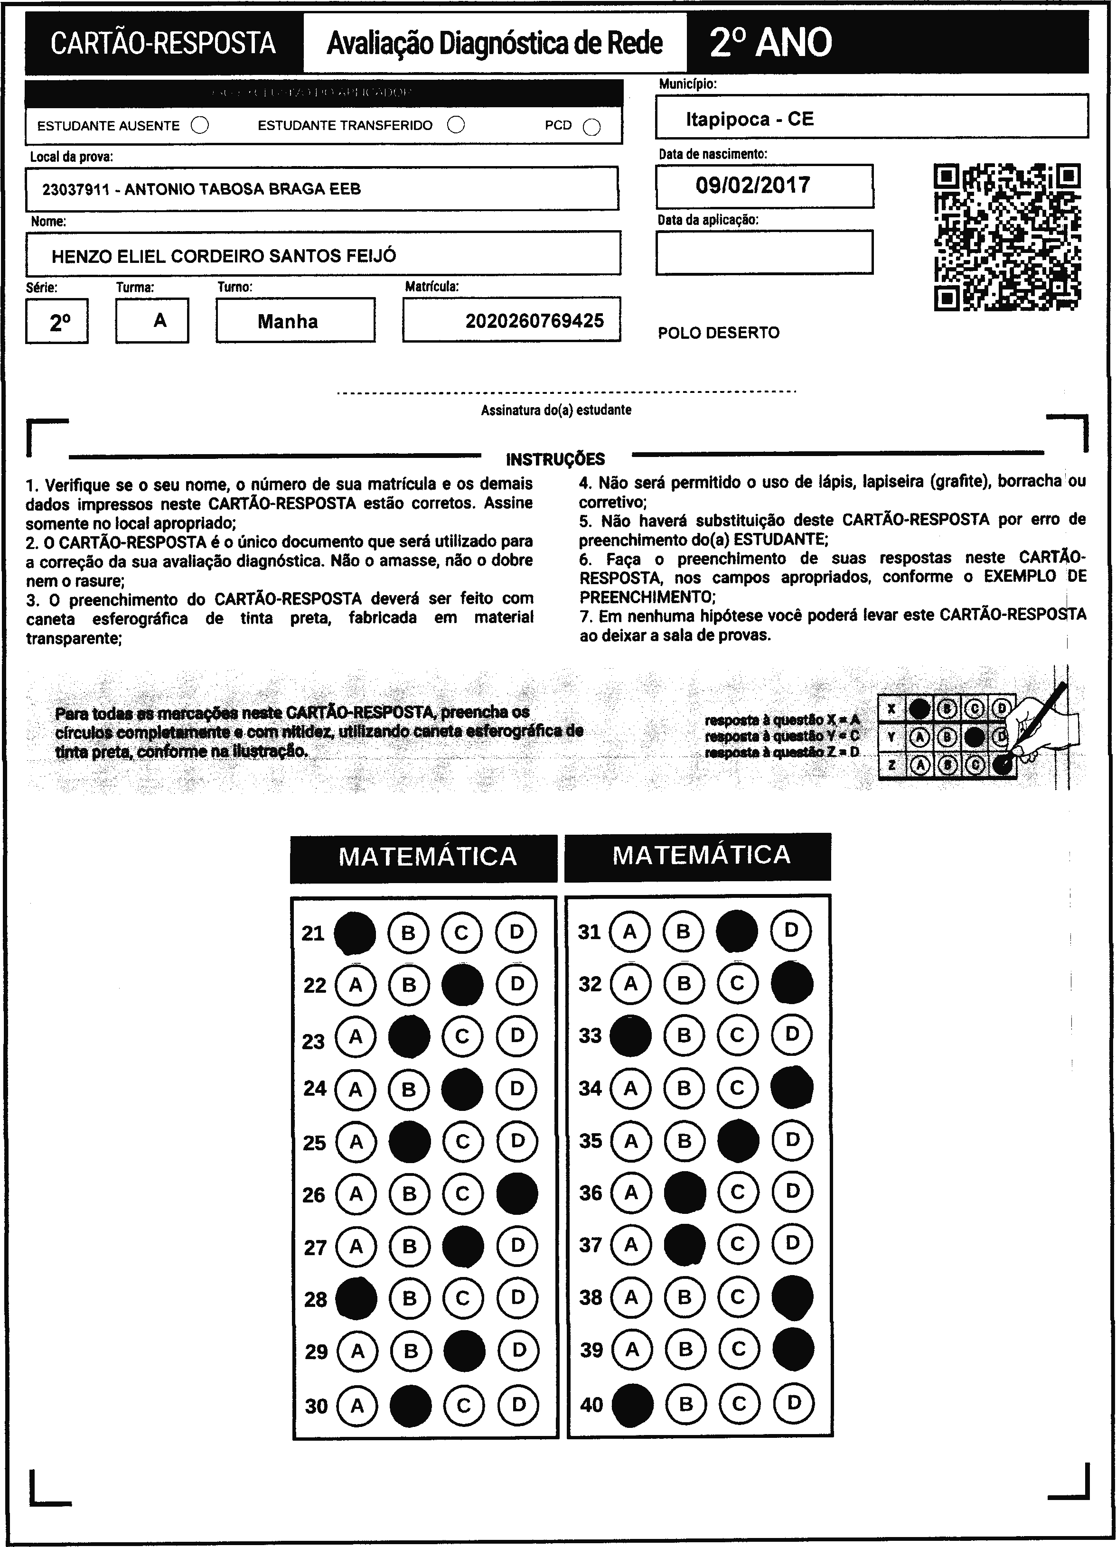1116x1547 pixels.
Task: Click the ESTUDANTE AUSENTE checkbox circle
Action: coord(200,125)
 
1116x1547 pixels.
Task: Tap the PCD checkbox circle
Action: coord(591,127)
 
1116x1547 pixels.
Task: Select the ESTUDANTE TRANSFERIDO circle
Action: coord(456,125)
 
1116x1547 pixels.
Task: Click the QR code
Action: coord(1007,237)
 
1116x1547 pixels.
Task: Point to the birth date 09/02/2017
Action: coord(752,185)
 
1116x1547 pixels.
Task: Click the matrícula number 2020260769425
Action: coord(534,321)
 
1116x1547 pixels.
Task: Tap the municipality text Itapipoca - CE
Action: coord(750,120)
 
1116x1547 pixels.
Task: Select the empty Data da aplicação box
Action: coord(764,252)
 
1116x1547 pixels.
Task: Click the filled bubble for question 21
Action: coord(355,932)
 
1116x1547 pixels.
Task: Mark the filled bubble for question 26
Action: coord(516,1193)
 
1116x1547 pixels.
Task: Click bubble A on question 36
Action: coord(631,1193)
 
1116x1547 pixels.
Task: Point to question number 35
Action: coord(590,1140)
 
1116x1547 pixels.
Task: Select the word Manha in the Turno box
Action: coord(287,321)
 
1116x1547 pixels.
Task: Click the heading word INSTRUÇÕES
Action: coord(555,459)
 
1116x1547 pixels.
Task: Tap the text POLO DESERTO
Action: coord(718,333)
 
